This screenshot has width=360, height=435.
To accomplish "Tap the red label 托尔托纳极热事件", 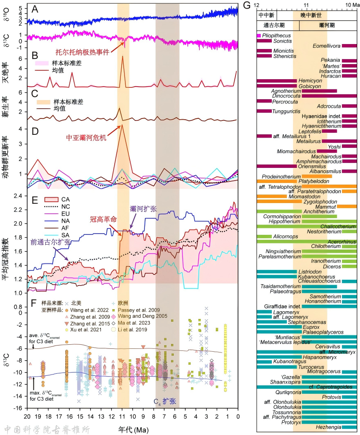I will tap(85, 52).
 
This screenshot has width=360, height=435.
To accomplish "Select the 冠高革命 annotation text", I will tap(104, 219).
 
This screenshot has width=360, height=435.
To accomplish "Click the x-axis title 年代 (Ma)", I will tap(133, 430).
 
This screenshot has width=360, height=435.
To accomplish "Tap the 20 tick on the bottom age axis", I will tap(27, 417).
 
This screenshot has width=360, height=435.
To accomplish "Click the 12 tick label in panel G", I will tap(257, 4).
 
